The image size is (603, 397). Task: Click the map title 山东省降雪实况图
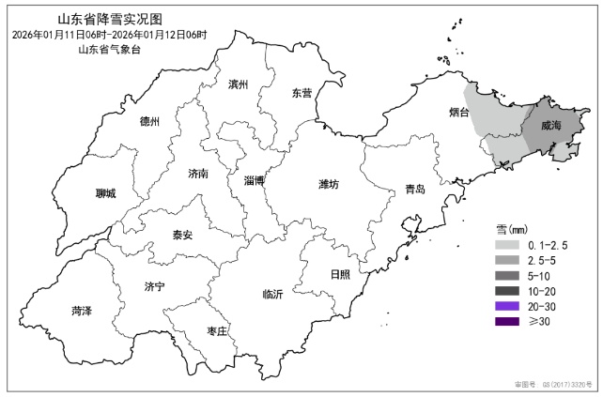coord(110,19)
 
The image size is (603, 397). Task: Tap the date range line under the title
coord(110,35)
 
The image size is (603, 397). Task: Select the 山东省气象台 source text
coord(110,50)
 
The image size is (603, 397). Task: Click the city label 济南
coord(198,174)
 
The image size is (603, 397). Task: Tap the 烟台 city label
coord(459,113)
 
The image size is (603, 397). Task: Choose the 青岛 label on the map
coord(414,190)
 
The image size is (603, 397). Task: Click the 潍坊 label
coord(328,183)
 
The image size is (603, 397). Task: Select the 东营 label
coord(301,93)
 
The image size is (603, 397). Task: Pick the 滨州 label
coord(239,84)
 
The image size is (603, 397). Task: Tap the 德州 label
coord(149,122)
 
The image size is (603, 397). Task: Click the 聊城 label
coord(106,193)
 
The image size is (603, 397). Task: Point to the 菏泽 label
coord(81,310)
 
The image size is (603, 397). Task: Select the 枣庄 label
coord(217,330)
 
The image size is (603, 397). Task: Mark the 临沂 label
coord(272,294)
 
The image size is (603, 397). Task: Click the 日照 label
coord(340,274)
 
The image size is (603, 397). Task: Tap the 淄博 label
coord(254,180)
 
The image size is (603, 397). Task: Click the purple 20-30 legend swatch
coord(509,306)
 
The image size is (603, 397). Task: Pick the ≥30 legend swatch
coord(509,322)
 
